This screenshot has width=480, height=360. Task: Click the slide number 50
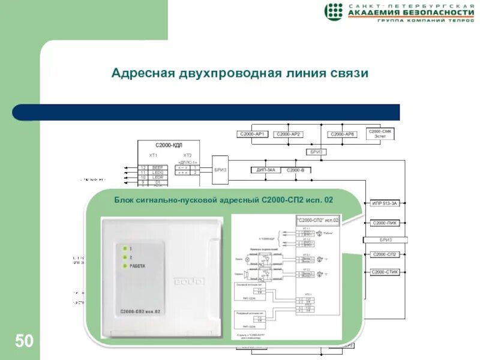pos(24,341)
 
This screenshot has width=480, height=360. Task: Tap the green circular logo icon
pos(334,11)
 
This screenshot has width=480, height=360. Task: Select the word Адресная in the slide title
pos(143,74)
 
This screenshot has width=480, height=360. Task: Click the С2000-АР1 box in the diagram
pos(254,134)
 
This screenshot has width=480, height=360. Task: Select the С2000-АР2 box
pos(289,134)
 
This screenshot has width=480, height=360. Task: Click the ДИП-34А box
pos(265,170)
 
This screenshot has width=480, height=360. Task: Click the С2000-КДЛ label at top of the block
pos(168,145)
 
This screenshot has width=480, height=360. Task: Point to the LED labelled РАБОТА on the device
pos(124,265)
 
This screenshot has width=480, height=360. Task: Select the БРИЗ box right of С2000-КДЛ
pos(220,170)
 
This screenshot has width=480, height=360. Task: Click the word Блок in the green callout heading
pos(125,199)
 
